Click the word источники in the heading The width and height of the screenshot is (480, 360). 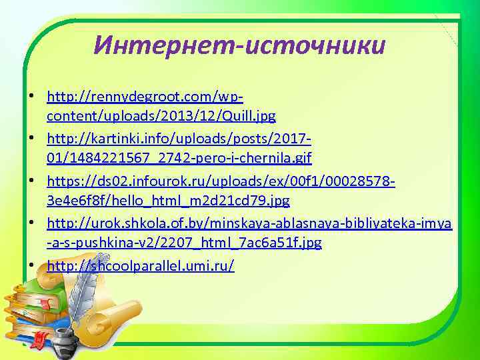point(315,45)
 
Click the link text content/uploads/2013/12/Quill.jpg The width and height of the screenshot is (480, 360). point(161,115)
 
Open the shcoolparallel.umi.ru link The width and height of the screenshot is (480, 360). point(141,266)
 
